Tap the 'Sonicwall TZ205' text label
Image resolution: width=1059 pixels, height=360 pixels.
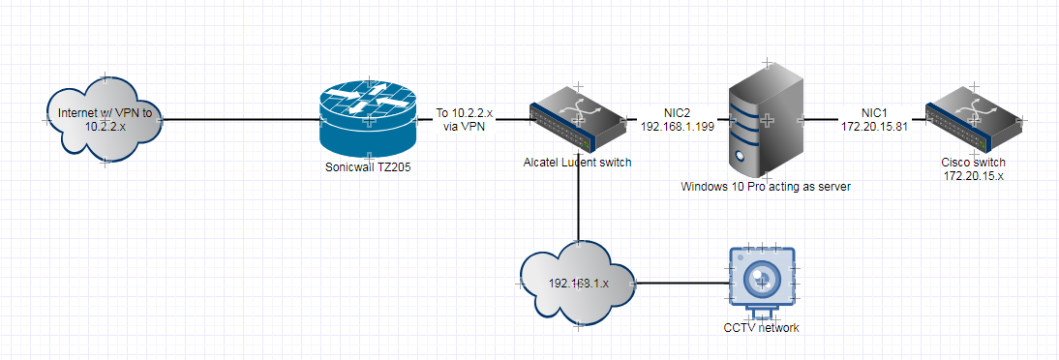tap(366, 166)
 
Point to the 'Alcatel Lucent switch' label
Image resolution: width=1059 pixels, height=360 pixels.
tap(577, 163)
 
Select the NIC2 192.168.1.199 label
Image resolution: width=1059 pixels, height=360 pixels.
tap(675, 119)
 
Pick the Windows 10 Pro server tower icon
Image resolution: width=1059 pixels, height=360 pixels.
tap(766, 120)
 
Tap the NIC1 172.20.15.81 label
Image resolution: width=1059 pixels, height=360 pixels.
tap(874, 119)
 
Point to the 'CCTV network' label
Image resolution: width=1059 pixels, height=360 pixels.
tap(762, 328)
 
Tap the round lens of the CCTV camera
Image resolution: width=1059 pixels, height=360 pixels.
tap(762, 279)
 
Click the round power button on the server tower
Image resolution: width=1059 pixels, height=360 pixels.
tap(741, 154)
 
